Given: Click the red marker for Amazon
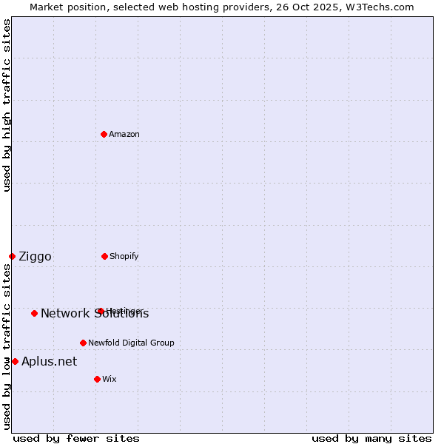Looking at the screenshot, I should (x=104, y=134).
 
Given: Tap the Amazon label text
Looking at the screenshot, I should (x=124, y=134).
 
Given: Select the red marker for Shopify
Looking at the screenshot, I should (x=104, y=256).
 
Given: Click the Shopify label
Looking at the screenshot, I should (x=124, y=256).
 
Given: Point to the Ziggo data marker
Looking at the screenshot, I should (x=12, y=256).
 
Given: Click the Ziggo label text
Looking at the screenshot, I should (x=35, y=257).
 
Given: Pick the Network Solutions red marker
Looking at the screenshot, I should (x=34, y=313).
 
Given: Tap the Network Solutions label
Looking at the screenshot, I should (x=95, y=314).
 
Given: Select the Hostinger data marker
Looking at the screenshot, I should (x=100, y=311).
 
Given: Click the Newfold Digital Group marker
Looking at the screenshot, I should (x=83, y=343).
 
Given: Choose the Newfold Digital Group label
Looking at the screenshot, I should (x=131, y=343).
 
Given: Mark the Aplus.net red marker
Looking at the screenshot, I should (x=15, y=361).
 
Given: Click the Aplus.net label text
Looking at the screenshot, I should (x=49, y=362).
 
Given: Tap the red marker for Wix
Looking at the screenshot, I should (x=97, y=379).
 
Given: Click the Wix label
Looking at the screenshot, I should (x=110, y=379).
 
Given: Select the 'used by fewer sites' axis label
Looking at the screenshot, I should (x=76, y=438).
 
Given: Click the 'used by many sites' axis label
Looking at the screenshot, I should (x=371, y=438).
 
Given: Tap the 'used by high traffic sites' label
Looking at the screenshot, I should (x=7, y=105).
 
